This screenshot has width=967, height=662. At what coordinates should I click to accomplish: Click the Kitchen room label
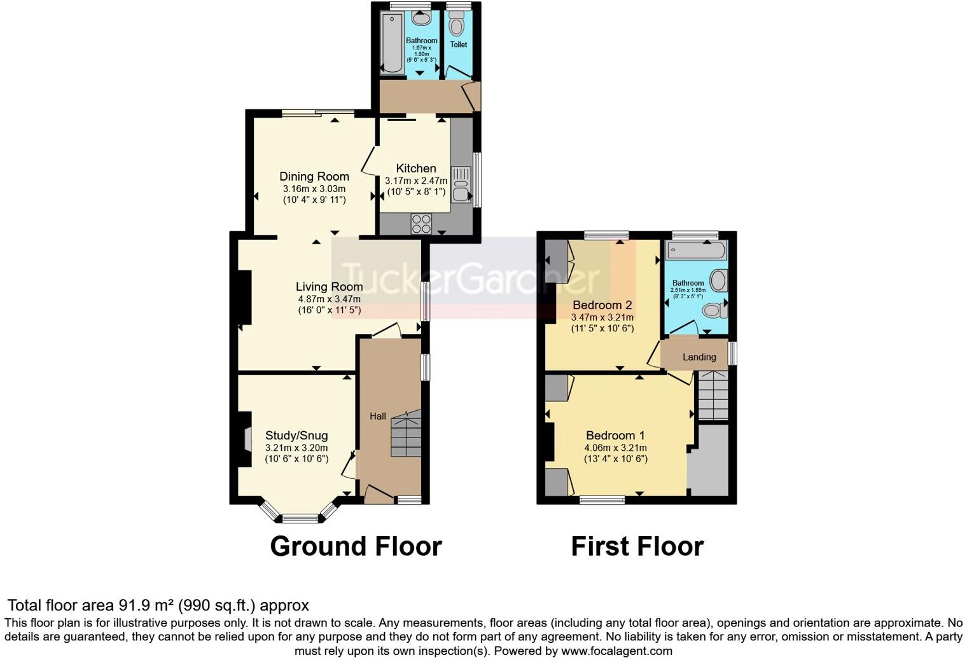(x=416, y=169)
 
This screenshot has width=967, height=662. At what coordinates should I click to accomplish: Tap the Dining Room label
(x=314, y=177)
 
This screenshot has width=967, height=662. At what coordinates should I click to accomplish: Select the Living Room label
(x=329, y=287)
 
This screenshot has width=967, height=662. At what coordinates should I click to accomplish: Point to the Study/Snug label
(x=296, y=436)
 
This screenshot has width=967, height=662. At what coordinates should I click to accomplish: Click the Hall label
(x=378, y=417)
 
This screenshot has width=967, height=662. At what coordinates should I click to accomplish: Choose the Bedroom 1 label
(x=615, y=436)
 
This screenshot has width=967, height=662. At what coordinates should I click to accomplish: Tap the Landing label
(x=699, y=357)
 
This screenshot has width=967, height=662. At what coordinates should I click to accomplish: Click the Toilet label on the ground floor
(x=459, y=45)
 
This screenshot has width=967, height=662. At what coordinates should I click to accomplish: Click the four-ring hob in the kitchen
(x=421, y=224)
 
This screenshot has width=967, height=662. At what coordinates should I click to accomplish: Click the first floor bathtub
(x=695, y=250)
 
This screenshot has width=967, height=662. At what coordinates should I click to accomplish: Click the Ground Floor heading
(x=356, y=546)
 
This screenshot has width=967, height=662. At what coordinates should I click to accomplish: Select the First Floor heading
(x=637, y=546)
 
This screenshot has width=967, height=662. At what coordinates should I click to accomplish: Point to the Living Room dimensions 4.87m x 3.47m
(x=329, y=299)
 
